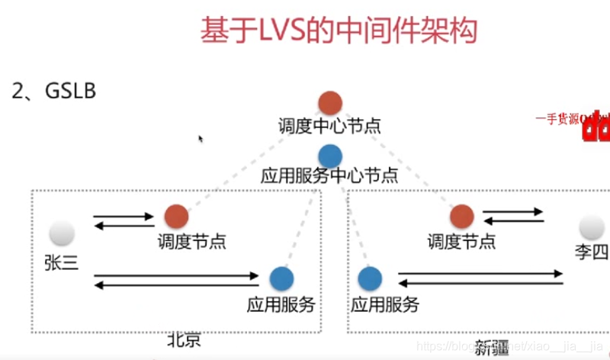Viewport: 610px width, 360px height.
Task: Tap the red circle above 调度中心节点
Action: coord(329,102)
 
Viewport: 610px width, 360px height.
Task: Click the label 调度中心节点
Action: coord(329,125)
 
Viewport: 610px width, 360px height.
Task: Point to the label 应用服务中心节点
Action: coord(329,176)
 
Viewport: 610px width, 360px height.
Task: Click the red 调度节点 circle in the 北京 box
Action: coord(176,217)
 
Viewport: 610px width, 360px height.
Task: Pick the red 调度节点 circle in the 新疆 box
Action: coord(461,217)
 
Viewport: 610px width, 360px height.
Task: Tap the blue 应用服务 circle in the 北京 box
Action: coord(281,279)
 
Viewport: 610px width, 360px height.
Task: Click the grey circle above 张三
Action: coord(62,233)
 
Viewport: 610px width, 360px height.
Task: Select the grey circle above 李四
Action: coord(592,227)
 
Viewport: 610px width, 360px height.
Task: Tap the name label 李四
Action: coord(592,251)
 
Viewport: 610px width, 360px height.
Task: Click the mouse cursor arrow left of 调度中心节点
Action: coord(201,139)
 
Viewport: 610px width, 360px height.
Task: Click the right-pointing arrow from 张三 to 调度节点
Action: coord(124,217)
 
